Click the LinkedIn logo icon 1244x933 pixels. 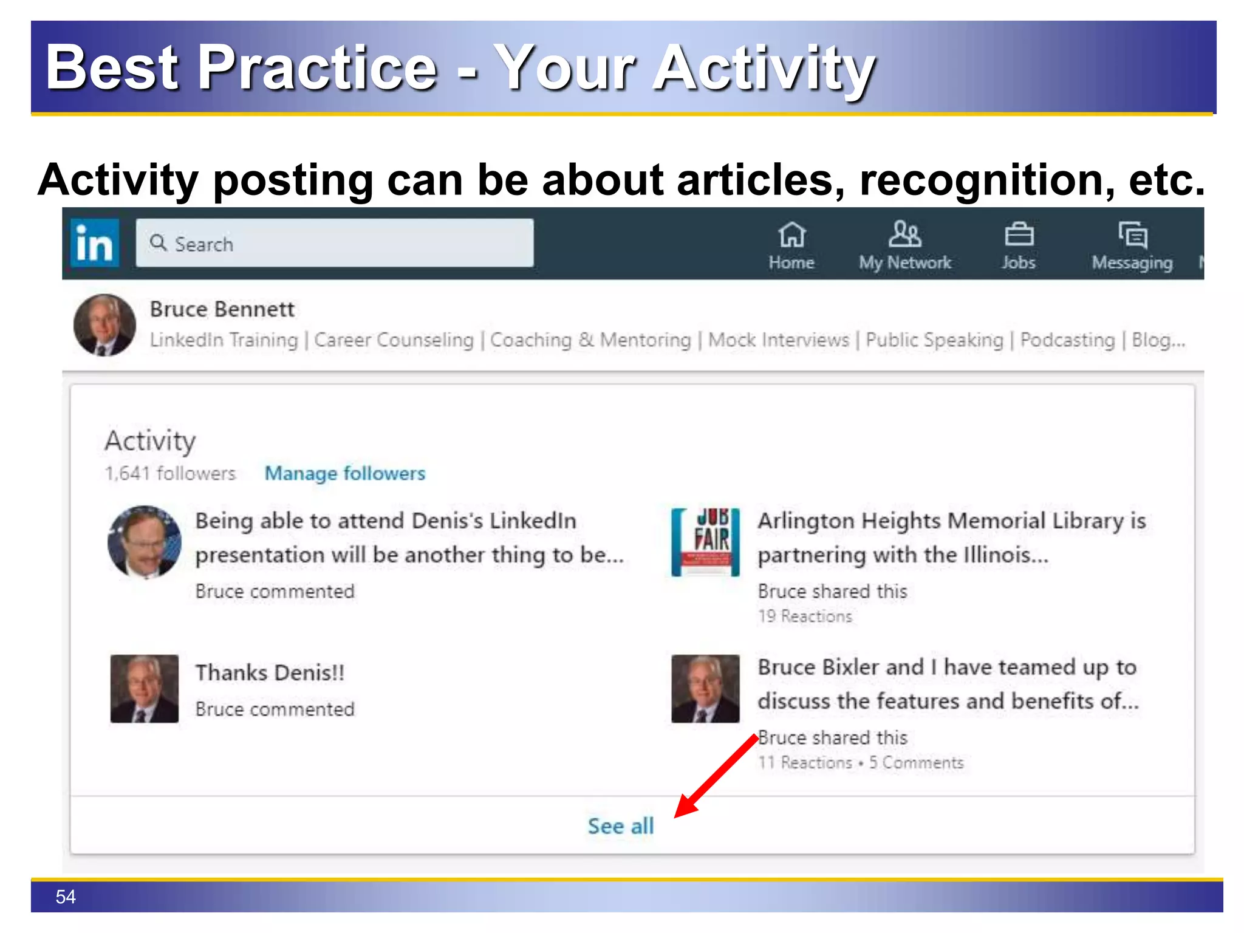point(95,244)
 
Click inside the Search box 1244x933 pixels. point(334,244)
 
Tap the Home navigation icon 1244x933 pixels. point(791,235)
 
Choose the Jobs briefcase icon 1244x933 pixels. point(1019,235)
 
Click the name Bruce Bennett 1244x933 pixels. point(222,309)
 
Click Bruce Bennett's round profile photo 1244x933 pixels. point(104,325)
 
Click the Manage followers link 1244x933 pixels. point(345,473)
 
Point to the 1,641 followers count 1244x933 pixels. point(170,473)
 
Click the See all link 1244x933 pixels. point(620,826)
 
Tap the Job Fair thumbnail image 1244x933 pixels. point(705,542)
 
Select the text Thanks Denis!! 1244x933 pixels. point(270,672)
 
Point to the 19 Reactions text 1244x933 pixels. point(805,616)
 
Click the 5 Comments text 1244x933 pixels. point(916,762)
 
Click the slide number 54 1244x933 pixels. point(66,897)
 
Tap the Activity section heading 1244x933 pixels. point(150,441)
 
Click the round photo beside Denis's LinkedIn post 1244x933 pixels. point(145,542)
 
